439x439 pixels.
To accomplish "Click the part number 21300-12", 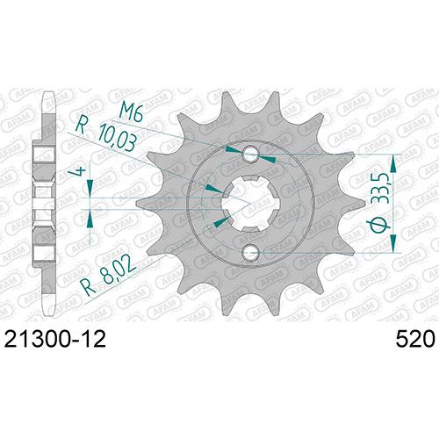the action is (55, 339).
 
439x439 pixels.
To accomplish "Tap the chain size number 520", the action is (415, 339).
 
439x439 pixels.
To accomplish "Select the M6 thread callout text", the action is (132, 112).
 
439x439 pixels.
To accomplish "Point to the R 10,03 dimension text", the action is (107, 134).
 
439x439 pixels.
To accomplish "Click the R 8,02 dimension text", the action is (109, 275).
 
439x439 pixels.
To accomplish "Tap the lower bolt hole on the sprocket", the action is (251, 252).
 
